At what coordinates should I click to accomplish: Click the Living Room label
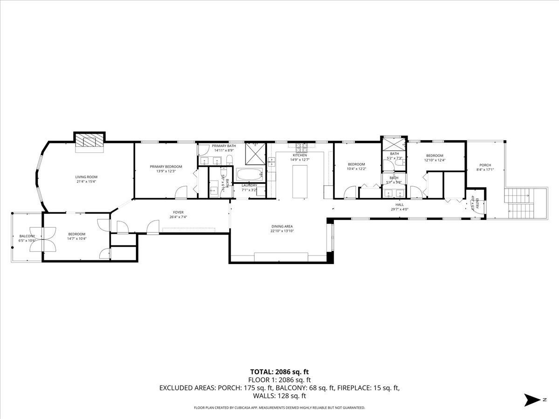[86, 177]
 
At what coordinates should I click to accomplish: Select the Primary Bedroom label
[165, 167]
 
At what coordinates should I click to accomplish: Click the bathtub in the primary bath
[250, 176]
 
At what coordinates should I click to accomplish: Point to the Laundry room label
[249, 185]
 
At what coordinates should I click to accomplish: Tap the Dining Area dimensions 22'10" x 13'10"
[282, 231]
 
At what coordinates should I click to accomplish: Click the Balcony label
[27, 236]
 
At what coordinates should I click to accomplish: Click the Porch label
[485, 165]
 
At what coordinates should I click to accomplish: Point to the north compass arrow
[532, 399]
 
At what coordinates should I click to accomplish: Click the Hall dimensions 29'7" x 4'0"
[399, 209]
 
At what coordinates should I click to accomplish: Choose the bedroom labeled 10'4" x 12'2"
[356, 166]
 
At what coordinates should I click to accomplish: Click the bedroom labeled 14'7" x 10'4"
[77, 236]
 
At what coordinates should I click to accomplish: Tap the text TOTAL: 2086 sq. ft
[279, 372]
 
